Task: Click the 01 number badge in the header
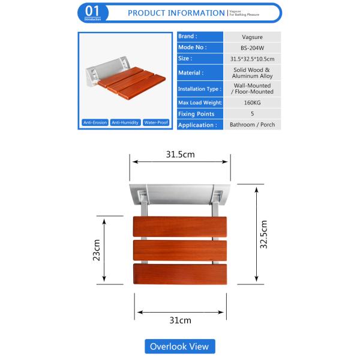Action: coord(93,12)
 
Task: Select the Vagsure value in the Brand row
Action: coord(251,36)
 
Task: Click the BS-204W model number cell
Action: coord(251,47)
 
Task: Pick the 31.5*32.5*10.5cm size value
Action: coord(251,58)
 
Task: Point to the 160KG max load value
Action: coord(251,103)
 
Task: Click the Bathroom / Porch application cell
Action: coord(251,125)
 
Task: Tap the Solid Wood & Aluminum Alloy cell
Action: coord(251,73)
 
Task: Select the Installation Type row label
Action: coord(200,89)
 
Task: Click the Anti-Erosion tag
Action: coord(95,123)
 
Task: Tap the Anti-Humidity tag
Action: coord(125,123)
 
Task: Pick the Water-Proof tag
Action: coord(155,123)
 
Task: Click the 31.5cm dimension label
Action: coord(180,154)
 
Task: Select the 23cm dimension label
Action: coord(96,250)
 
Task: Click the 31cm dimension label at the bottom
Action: coord(180,320)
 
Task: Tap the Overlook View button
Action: coord(179,346)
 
